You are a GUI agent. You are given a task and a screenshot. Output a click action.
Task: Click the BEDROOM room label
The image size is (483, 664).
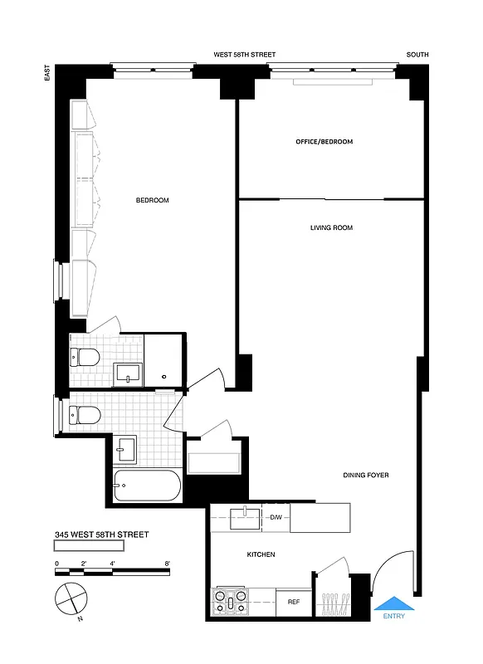[152, 200]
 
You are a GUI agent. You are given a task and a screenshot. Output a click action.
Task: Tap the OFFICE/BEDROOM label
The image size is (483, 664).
[324, 142]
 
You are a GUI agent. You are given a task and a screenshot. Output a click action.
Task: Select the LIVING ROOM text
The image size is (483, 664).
[331, 227]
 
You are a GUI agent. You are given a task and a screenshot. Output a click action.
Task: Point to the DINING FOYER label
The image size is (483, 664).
[366, 476]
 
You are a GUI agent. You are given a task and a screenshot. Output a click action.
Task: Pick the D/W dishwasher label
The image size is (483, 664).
[276, 518]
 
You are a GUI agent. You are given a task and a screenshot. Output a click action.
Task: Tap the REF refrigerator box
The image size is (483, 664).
[293, 602]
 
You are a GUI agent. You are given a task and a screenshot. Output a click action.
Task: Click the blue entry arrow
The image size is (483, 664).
[393, 603]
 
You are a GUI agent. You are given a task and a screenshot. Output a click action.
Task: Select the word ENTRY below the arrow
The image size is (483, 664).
[393, 617]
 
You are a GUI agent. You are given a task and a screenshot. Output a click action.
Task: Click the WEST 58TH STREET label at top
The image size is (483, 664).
[244, 55]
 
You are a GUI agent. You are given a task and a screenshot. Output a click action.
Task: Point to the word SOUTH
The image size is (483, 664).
[417, 55]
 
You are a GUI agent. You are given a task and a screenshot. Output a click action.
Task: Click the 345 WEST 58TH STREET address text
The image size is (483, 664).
[101, 535]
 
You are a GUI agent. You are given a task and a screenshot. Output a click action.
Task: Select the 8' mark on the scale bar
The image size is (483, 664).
[168, 563]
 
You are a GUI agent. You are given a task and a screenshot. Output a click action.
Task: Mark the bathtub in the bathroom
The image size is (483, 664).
[146, 486]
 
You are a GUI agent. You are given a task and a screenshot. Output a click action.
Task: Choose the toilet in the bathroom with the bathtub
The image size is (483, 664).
[83, 413]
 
